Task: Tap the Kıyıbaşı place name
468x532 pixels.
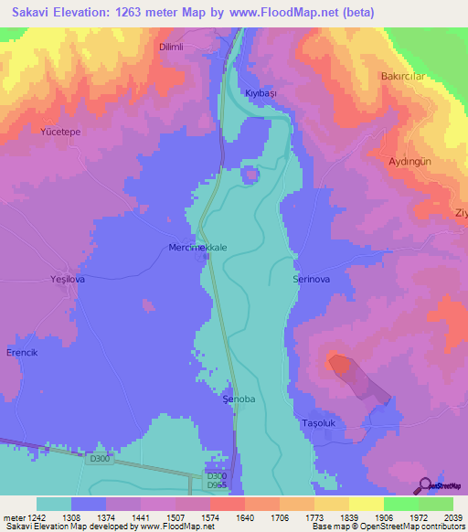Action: coord(261,94)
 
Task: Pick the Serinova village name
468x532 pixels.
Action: coord(310,278)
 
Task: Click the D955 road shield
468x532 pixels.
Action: coord(216,486)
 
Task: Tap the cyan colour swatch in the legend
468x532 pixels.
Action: coord(54,504)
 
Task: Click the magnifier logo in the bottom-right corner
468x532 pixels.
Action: coord(425,485)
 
